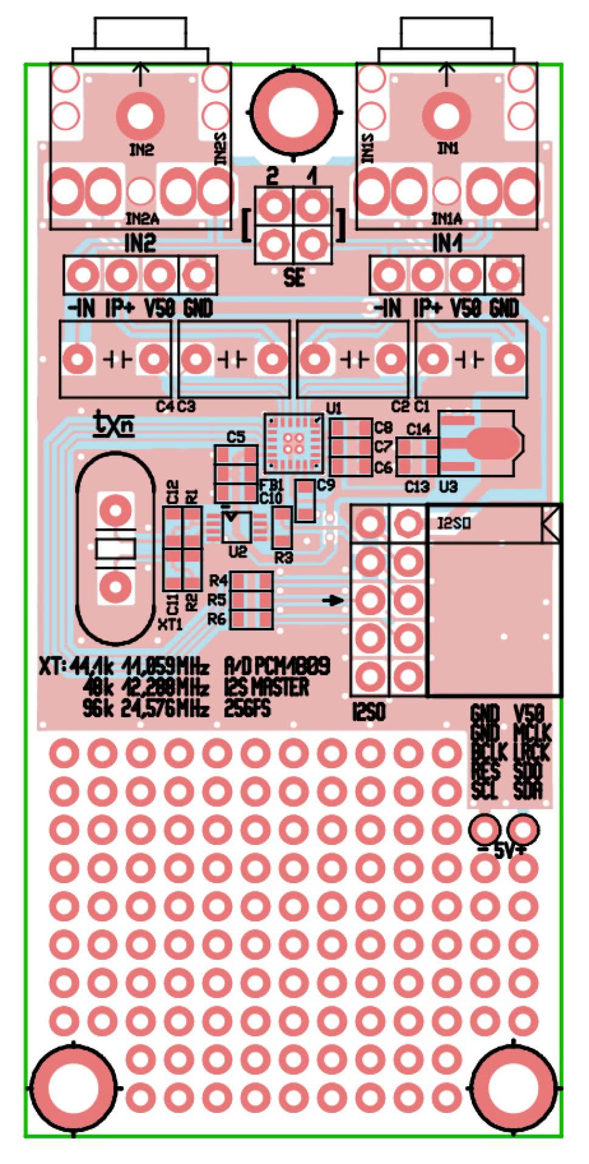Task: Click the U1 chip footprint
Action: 294,443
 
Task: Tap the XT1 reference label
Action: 170,624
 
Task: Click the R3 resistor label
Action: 284,557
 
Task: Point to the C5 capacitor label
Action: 236,437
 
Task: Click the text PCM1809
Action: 293,667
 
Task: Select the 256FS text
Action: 247,708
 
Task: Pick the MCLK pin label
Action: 531,732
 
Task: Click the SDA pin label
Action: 527,791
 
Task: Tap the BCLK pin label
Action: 485,752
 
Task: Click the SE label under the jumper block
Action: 294,278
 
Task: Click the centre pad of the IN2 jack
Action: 140,114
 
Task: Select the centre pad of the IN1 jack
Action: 447,114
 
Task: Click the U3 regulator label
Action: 448,486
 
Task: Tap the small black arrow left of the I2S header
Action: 332,601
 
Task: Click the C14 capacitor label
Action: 418,430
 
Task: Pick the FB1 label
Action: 271,486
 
